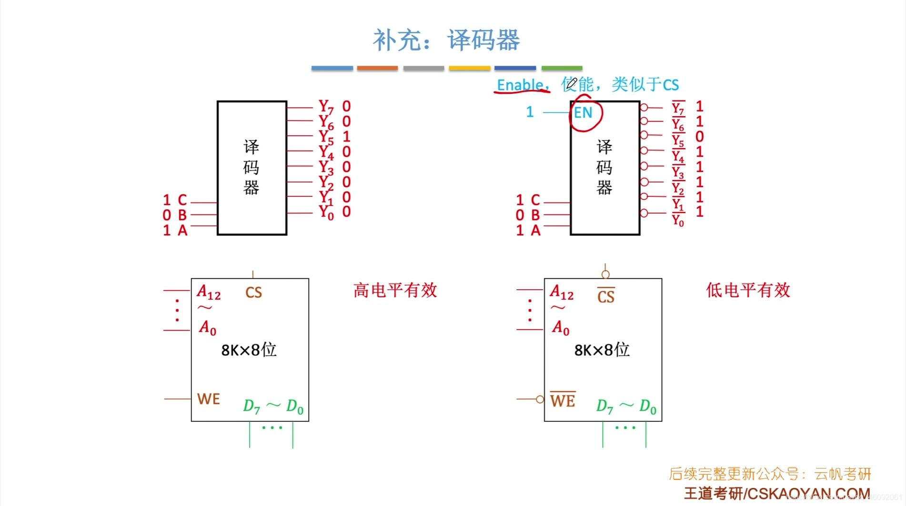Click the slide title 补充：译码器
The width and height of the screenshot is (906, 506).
[446, 40]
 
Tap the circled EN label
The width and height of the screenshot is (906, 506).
[584, 113]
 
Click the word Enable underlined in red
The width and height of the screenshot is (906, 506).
[520, 85]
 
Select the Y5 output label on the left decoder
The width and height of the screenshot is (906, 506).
[326, 137]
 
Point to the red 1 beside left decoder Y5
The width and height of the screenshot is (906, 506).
[346, 137]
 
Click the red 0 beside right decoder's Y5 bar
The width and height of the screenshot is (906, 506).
[699, 137]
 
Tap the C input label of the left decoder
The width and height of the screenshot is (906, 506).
[182, 200]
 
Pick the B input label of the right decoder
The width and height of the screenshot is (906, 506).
[535, 215]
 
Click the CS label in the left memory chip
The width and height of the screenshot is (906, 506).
[253, 292]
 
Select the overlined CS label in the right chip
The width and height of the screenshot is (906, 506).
[606, 296]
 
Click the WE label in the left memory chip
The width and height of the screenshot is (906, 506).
[209, 399]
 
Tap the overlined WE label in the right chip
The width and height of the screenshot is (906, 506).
[563, 400]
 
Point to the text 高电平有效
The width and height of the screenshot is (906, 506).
[395, 290]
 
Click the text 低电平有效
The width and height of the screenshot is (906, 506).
[748, 290]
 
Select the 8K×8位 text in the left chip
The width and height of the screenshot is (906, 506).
[249, 350]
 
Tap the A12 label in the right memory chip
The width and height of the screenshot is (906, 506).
[562, 292]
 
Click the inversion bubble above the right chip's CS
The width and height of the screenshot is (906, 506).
[605, 274]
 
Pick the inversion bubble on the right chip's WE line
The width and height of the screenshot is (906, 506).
[540, 399]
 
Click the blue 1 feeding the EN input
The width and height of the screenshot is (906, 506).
[530, 112]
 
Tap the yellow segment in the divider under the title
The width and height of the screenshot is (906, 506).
[469, 69]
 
